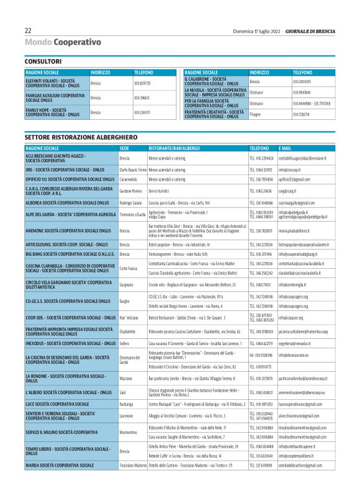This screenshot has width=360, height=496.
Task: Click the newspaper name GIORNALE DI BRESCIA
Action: (313, 30)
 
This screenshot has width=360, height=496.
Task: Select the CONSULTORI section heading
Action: (43, 61)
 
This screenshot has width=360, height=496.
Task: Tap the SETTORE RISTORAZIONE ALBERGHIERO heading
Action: (81, 136)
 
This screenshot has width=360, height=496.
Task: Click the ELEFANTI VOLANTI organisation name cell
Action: (56, 83)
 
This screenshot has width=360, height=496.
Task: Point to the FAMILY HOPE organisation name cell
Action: (56, 112)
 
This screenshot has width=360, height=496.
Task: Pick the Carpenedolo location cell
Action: (130, 179)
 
